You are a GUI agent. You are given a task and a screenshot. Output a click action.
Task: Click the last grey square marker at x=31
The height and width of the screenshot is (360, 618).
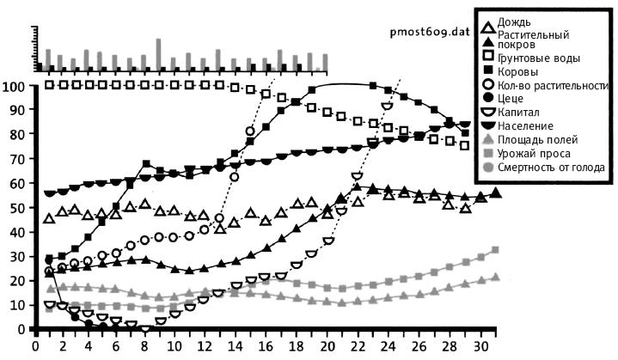pyautogui.click(x=495, y=250)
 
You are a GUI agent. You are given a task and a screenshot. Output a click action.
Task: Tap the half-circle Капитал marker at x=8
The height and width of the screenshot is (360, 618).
pyautogui.click(x=146, y=328)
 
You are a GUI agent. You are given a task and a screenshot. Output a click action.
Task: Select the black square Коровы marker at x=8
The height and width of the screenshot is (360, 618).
pyautogui.click(x=146, y=164)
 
